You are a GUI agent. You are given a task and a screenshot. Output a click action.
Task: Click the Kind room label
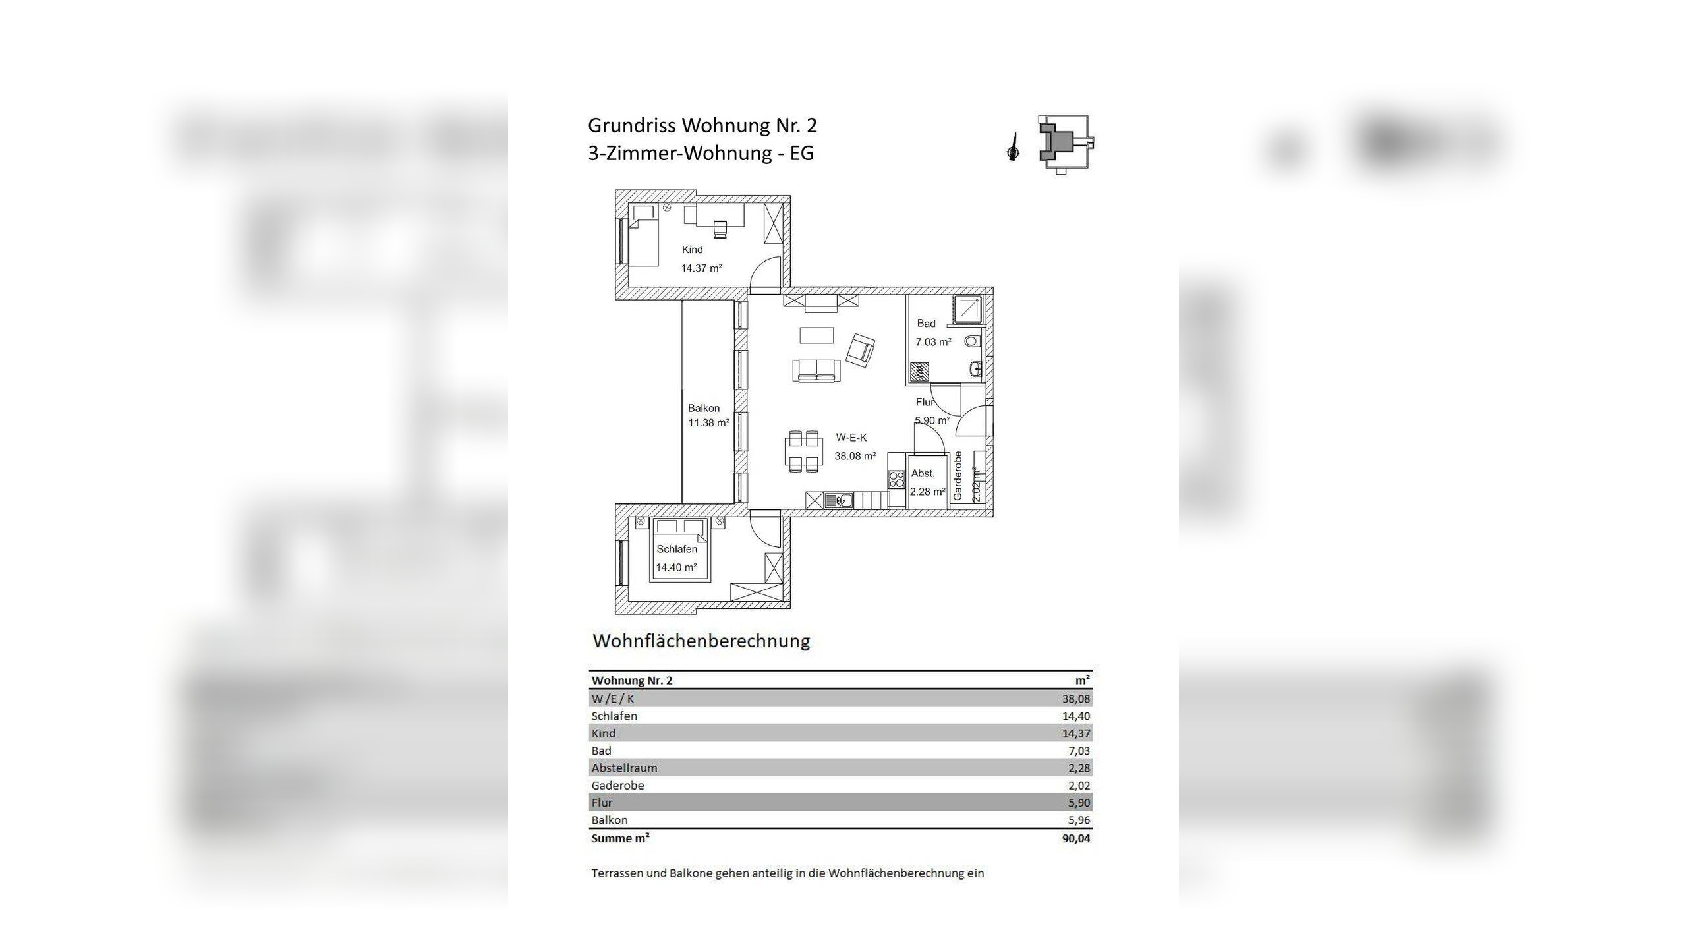point(692,250)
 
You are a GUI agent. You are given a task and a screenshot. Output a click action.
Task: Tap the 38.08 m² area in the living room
point(855,456)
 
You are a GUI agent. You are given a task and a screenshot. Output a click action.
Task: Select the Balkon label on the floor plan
point(704,408)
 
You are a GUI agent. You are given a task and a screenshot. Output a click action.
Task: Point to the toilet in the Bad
point(972,341)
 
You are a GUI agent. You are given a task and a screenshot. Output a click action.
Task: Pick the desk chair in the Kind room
point(721,228)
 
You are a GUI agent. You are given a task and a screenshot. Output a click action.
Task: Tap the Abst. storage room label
point(923,473)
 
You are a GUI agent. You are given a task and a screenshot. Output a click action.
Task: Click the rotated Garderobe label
point(958,476)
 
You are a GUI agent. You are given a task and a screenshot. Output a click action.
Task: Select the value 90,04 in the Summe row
point(1075,838)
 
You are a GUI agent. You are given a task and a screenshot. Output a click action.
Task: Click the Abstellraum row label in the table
point(623,768)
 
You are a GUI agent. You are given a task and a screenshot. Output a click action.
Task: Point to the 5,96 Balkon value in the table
point(1079,820)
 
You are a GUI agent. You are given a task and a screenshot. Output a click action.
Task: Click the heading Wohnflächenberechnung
point(701,641)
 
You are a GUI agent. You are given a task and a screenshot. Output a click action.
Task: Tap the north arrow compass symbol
point(1013,148)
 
